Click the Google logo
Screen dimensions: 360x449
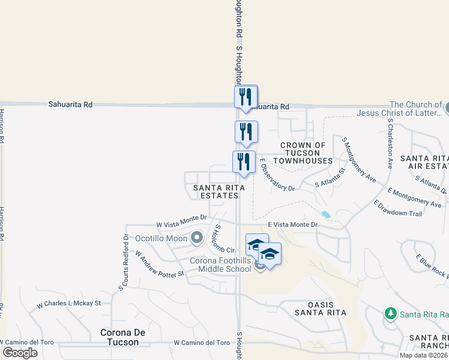coord(20,353)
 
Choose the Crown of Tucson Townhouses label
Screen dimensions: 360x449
coord(303,153)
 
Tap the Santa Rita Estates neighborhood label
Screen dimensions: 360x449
coord(218,192)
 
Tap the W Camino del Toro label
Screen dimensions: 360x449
coord(202,343)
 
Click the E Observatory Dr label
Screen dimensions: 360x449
coord(277,178)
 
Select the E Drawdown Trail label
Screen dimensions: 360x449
coord(399,208)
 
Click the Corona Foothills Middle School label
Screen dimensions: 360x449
coord(220,265)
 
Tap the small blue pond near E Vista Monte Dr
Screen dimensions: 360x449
coord(326,214)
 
